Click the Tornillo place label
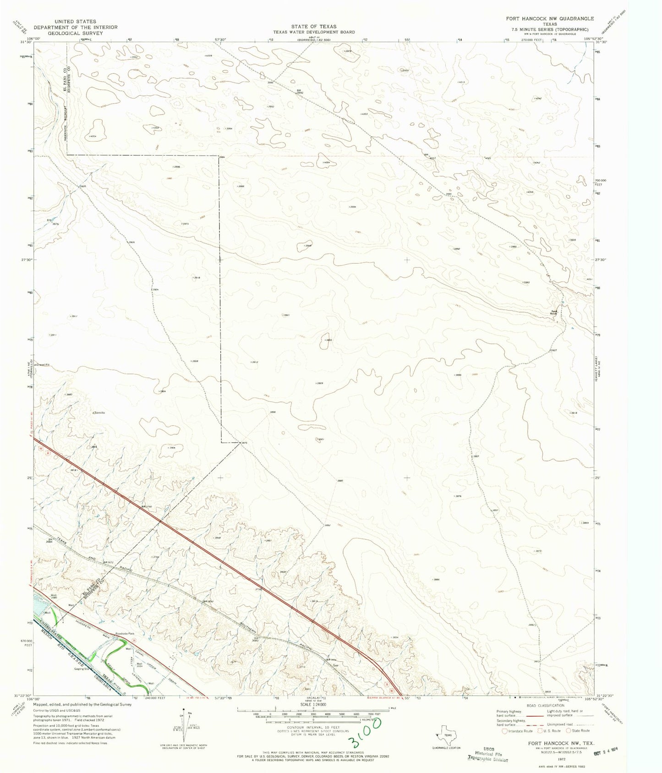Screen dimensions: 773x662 pos(100,413)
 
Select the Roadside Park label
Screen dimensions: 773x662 pos(125,633)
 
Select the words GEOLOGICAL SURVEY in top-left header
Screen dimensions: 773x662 pos(75,33)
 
